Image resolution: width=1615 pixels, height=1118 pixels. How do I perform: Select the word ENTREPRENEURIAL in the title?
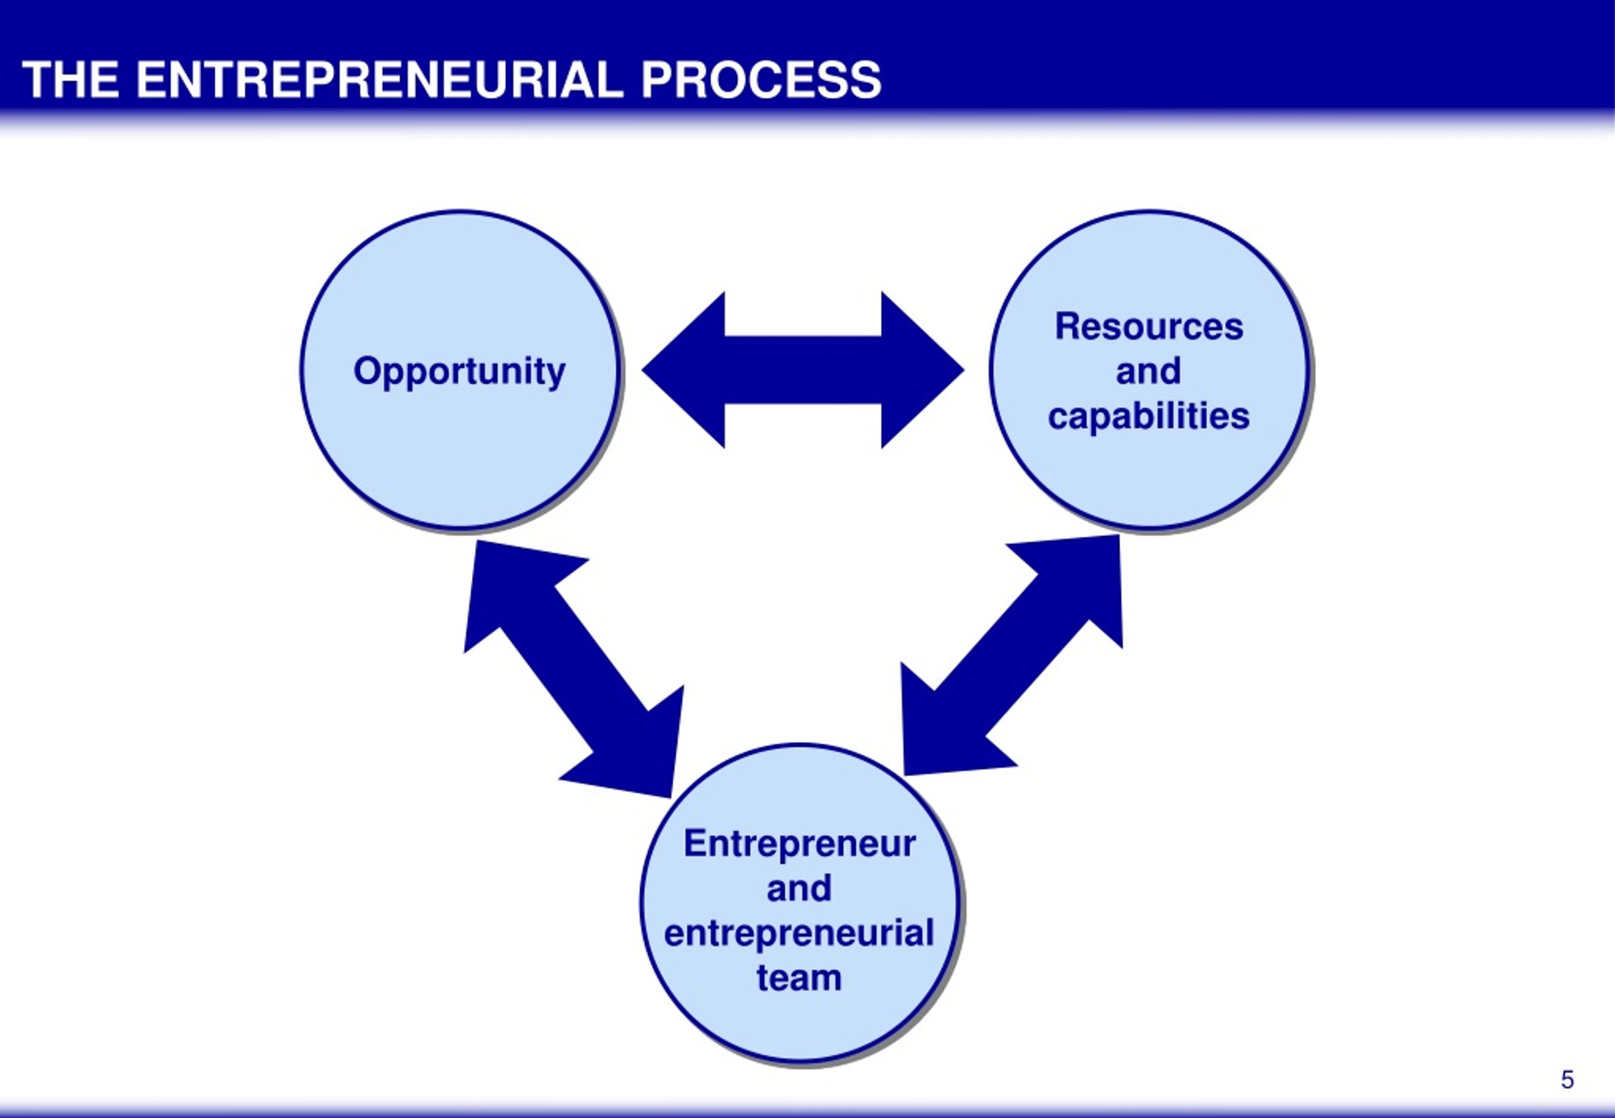(380, 80)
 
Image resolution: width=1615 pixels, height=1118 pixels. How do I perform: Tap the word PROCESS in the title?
(761, 80)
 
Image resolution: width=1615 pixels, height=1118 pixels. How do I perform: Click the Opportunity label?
(459, 371)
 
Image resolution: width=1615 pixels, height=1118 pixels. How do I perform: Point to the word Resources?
(1149, 326)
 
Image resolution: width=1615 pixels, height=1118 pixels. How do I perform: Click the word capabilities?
(1149, 416)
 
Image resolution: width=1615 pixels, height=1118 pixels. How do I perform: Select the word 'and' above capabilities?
(1149, 371)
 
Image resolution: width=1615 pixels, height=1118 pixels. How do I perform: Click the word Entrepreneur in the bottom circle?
(800, 844)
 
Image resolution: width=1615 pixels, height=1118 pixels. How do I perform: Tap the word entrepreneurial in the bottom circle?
(799, 933)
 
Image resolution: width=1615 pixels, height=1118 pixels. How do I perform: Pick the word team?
(799, 978)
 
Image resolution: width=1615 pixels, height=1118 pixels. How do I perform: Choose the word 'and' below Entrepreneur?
(799, 888)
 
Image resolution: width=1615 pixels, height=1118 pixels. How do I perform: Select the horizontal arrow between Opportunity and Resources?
(803, 370)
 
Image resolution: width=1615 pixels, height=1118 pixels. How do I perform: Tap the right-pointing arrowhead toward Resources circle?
(923, 370)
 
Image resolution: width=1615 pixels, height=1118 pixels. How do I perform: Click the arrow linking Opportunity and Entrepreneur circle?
(574, 669)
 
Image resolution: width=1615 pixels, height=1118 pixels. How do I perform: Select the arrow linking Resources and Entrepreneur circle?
(1012, 656)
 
